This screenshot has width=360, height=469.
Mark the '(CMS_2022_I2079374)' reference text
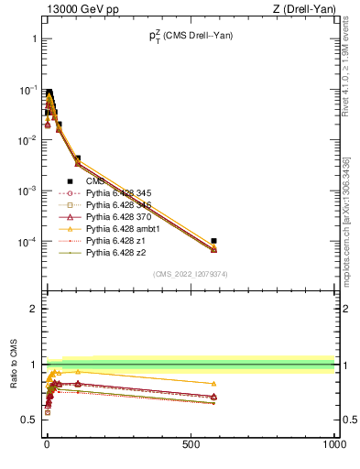[190, 273]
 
